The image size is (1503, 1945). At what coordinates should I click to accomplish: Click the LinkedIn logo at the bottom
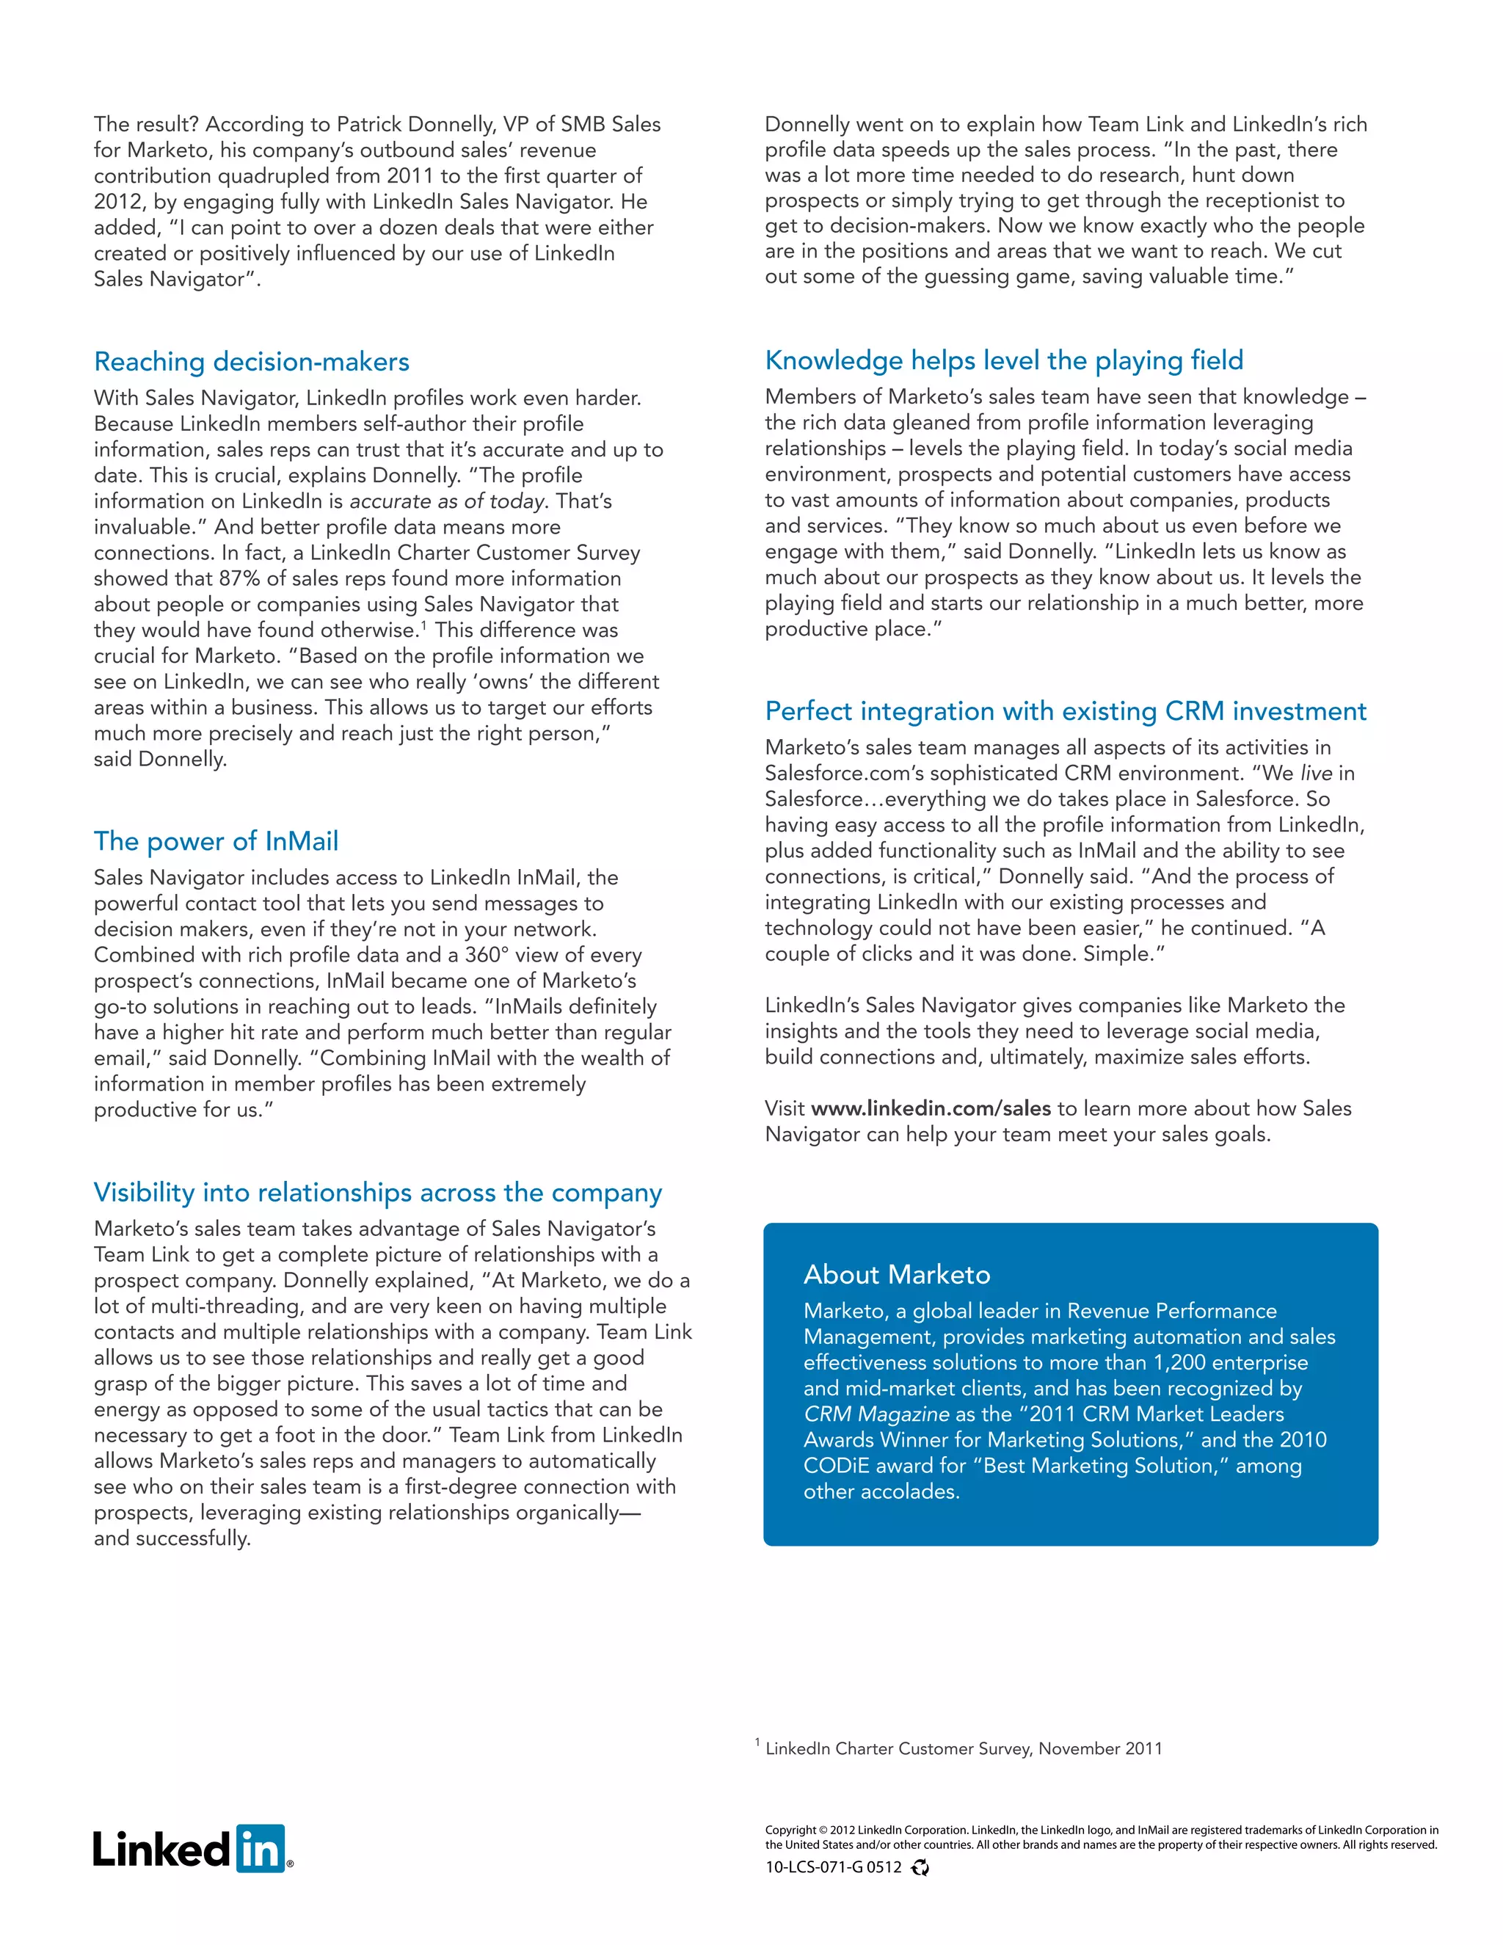click(x=192, y=1848)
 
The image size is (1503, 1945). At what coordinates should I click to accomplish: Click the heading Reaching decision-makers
click(x=251, y=362)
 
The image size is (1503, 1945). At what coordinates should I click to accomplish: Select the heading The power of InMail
click(x=216, y=840)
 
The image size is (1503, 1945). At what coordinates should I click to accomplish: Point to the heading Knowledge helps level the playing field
click(x=1003, y=360)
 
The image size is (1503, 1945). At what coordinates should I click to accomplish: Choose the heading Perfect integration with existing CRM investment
click(x=1065, y=710)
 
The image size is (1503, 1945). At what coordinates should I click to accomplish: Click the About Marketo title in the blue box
click(x=896, y=1274)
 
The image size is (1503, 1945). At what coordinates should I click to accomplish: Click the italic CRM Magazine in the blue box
click(x=876, y=1414)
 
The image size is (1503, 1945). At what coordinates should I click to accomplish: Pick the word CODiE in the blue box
click(x=836, y=1466)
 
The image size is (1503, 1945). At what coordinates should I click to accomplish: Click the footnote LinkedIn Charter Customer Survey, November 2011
click(x=964, y=1748)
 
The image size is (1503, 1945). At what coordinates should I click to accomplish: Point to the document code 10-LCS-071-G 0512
click(x=832, y=1867)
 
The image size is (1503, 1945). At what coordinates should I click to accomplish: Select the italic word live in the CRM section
click(x=1316, y=773)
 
